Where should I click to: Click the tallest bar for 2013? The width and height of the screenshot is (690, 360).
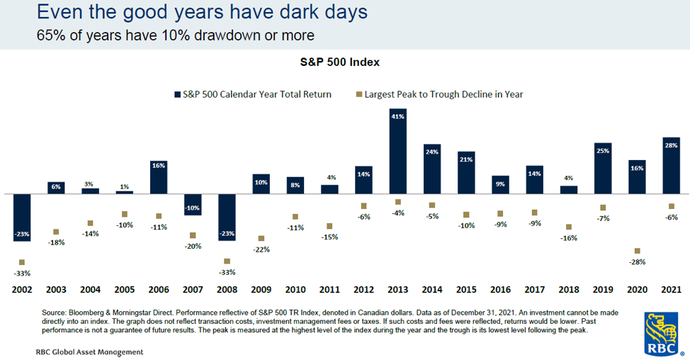click(x=398, y=151)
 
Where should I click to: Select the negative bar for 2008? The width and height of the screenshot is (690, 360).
click(x=227, y=217)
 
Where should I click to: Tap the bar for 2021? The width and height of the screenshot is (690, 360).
click(x=671, y=166)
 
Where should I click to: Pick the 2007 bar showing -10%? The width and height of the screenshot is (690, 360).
click(x=193, y=204)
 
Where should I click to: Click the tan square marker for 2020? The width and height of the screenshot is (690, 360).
click(x=637, y=251)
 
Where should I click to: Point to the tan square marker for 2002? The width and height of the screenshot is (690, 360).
click(x=22, y=262)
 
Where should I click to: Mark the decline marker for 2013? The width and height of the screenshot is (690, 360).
click(x=398, y=202)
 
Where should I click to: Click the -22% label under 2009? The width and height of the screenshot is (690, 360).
click(x=261, y=249)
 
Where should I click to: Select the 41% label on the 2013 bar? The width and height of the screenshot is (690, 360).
click(x=398, y=117)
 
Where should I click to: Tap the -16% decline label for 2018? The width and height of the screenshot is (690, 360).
click(x=569, y=238)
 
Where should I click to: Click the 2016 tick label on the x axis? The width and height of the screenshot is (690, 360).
click(x=500, y=290)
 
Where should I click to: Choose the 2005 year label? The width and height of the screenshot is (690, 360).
click(x=125, y=290)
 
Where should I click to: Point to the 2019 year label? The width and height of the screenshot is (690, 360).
click(x=603, y=290)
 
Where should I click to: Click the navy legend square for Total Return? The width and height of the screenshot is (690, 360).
click(x=177, y=94)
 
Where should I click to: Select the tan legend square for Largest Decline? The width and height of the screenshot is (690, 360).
click(x=359, y=94)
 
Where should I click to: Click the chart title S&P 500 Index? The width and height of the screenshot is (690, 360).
click(x=340, y=62)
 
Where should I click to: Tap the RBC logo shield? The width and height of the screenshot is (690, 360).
click(x=661, y=334)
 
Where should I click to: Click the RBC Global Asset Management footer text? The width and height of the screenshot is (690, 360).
click(x=90, y=352)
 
